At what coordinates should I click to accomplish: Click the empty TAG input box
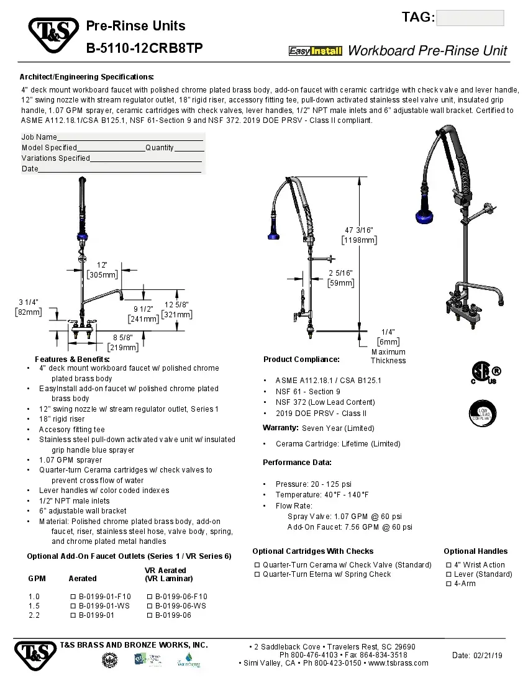(470, 18)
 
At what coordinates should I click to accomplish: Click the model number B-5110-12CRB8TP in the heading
(144, 48)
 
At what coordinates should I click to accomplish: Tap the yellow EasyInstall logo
(316, 51)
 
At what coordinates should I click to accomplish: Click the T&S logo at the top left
(53, 35)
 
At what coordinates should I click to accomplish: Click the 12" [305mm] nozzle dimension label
(102, 270)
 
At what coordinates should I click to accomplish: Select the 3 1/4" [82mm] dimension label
(29, 307)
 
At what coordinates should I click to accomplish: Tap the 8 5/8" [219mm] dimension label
(122, 343)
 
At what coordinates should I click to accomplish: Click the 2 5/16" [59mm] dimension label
(340, 278)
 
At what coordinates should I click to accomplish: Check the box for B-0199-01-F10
(73, 597)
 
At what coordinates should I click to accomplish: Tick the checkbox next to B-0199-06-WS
(150, 606)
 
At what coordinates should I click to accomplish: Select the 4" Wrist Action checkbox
(448, 565)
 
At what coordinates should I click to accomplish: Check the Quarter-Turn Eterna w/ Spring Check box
(257, 574)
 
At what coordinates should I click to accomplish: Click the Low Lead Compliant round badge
(486, 414)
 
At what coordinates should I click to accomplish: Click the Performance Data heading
(297, 463)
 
